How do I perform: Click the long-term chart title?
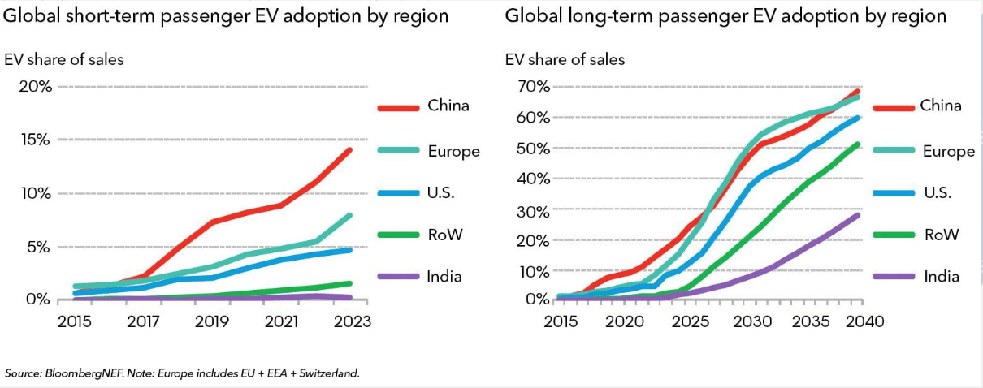click(x=725, y=15)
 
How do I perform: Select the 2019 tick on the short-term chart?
click(x=211, y=321)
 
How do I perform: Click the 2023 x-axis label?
click(x=350, y=321)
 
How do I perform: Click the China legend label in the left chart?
click(x=448, y=106)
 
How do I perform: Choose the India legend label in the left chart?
click(x=444, y=276)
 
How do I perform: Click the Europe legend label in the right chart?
click(x=947, y=151)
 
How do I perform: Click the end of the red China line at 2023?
click(x=350, y=149)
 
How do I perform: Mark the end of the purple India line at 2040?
click(x=857, y=214)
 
